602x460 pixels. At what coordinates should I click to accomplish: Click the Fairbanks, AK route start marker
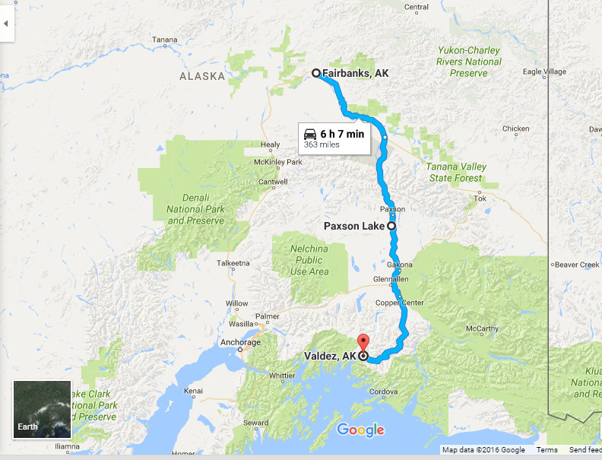pyautogui.click(x=316, y=73)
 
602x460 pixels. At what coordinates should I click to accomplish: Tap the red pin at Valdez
pyautogui.click(x=363, y=342)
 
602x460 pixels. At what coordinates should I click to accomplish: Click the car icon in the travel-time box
pyautogui.click(x=309, y=134)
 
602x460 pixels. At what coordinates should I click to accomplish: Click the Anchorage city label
pyautogui.click(x=240, y=342)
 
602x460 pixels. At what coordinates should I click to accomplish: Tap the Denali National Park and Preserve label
pyautogui.click(x=195, y=209)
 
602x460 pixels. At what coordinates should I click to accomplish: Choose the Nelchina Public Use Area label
pyautogui.click(x=309, y=259)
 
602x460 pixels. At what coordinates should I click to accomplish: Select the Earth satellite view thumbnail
pyautogui.click(x=42, y=410)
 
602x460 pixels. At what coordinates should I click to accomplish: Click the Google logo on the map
pyautogui.click(x=360, y=430)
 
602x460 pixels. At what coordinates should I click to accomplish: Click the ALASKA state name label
pyautogui.click(x=202, y=76)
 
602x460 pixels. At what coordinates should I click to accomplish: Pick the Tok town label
pyautogui.click(x=480, y=198)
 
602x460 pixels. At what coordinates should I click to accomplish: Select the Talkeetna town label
pyautogui.click(x=233, y=263)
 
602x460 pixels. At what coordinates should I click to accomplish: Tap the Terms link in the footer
pyautogui.click(x=547, y=450)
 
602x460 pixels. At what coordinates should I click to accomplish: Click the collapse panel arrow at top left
pyautogui.click(x=7, y=23)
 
